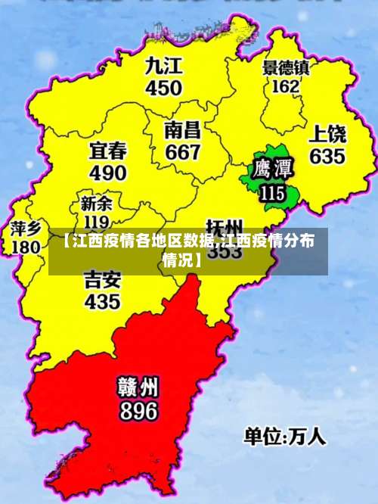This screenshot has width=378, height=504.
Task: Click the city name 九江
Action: (x=164, y=66)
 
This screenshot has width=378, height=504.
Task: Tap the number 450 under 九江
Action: (x=164, y=88)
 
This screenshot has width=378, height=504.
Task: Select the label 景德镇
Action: (x=286, y=67)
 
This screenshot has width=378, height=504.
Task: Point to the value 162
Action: (x=285, y=86)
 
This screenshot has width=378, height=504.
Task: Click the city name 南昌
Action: (x=183, y=130)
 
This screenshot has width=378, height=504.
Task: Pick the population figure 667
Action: (x=183, y=152)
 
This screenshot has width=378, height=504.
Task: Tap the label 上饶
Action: (x=327, y=135)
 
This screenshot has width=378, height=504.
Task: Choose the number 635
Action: (x=327, y=157)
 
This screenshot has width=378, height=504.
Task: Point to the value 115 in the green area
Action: (x=271, y=193)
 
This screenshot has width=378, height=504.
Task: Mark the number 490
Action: (x=108, y=173)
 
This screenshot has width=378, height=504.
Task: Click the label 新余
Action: (x=96, y=204)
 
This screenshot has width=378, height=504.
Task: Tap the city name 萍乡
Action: (x=26, y=228)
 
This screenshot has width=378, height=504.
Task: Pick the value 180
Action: (x=26, y=247)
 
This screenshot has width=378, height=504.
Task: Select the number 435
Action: (x=102, y=302)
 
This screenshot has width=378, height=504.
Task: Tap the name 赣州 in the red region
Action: (x=138, y=387)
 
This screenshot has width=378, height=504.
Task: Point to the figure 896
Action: (x=138, y=411)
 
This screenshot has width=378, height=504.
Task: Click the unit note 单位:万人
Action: (x=284, y=437)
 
